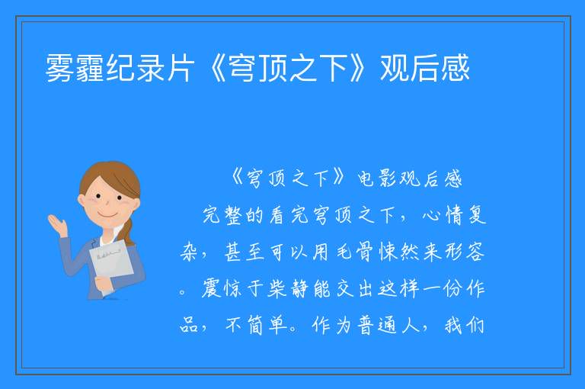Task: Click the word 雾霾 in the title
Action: [x=75, y=68]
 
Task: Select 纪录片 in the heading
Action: [x=150, y=68]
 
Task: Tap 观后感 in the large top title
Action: [x=424, y=68]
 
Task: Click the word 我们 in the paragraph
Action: [x=464, y=325]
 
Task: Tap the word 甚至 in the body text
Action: [x=245, y=252]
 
